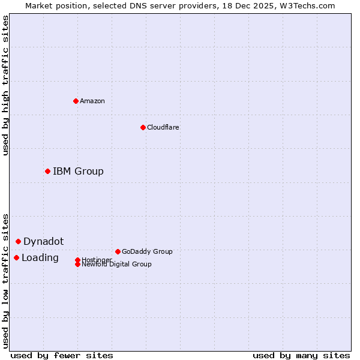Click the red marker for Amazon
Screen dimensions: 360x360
[x=76, y=101]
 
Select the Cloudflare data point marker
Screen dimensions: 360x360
[x=143, y=127]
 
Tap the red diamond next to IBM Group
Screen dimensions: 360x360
[x=47, y=171]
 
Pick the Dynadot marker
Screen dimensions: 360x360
[x=18, y=241]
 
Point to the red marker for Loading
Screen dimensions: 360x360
[x=16, y=257]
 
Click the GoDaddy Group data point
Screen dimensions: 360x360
[x=118, y=251]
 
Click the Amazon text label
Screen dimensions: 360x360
[x=92, y=101]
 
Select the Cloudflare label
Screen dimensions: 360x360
[x=163, y=127]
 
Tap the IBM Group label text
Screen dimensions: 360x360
[x=78, y=172]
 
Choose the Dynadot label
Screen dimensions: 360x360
[x=43, y=242]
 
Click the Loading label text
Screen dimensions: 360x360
[x=40, y=258]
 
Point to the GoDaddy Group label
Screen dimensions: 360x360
[x=147, y=251]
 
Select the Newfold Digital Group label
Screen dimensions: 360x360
[x=116, y=265]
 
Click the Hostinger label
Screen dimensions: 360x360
[x=96, y=259]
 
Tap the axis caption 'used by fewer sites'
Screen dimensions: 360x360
[x=62, y=355]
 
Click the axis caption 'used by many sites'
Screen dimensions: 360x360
[x=301, y=355]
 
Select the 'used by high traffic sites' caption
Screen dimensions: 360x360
[x=6, y=85]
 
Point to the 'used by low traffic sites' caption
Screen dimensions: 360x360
[x=6, y=281]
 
